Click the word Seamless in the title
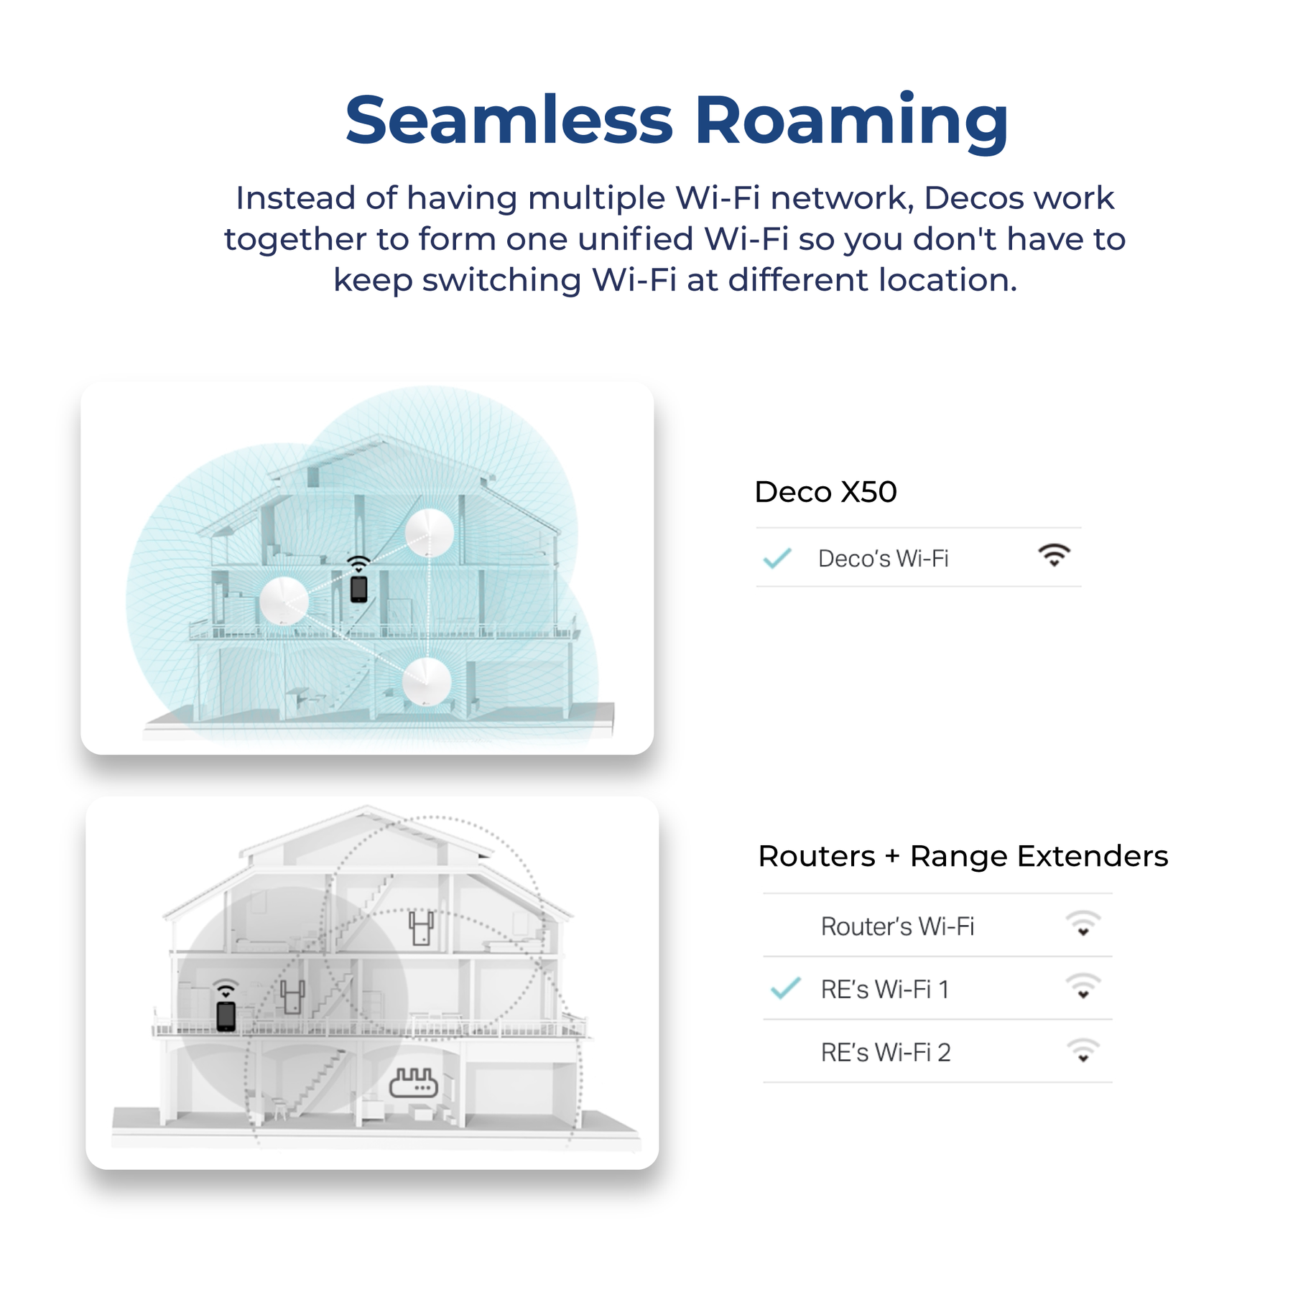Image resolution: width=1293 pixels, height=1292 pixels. point(509,119)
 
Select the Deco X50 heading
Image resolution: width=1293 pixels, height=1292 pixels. point(825,492)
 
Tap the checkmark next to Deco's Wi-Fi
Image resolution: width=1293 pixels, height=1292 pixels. point(777,558)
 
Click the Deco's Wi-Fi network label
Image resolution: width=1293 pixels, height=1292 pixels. point(883,559)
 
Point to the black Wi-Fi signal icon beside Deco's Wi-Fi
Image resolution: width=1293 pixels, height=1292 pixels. point(1054,555)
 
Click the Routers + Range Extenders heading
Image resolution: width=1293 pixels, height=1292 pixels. point(963,856)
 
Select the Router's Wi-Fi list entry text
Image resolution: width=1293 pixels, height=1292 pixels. point(897,926)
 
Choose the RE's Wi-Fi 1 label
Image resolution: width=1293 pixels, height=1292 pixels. point(885,990)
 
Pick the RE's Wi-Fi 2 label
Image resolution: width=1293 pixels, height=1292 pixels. point(886,1053)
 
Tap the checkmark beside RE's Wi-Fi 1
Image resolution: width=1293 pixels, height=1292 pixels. point(785,989)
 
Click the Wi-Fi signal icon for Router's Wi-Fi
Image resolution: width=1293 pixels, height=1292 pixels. point(1083,924)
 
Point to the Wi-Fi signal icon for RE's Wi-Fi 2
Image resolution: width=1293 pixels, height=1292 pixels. point(1083,1051)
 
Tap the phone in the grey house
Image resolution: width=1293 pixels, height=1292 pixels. point(226,1016)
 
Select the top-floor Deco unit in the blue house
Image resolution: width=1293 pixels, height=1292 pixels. point(430,533)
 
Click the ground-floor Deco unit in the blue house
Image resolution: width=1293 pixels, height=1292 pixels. point(427,682)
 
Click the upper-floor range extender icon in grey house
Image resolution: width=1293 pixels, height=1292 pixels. point(421,927)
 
